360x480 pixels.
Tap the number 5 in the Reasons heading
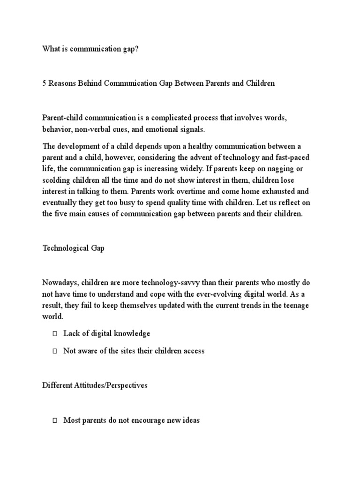tap(45, 83)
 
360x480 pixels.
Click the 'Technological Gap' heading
tap(73, 248)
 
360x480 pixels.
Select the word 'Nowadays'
tap(59, 283)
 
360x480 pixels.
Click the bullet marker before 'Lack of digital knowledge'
tap(54, 334)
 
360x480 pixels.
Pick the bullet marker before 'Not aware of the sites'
tap(54, 351)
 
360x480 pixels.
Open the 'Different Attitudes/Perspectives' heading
tap(95, 385)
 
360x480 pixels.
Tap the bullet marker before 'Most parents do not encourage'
tap(54, 420)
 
